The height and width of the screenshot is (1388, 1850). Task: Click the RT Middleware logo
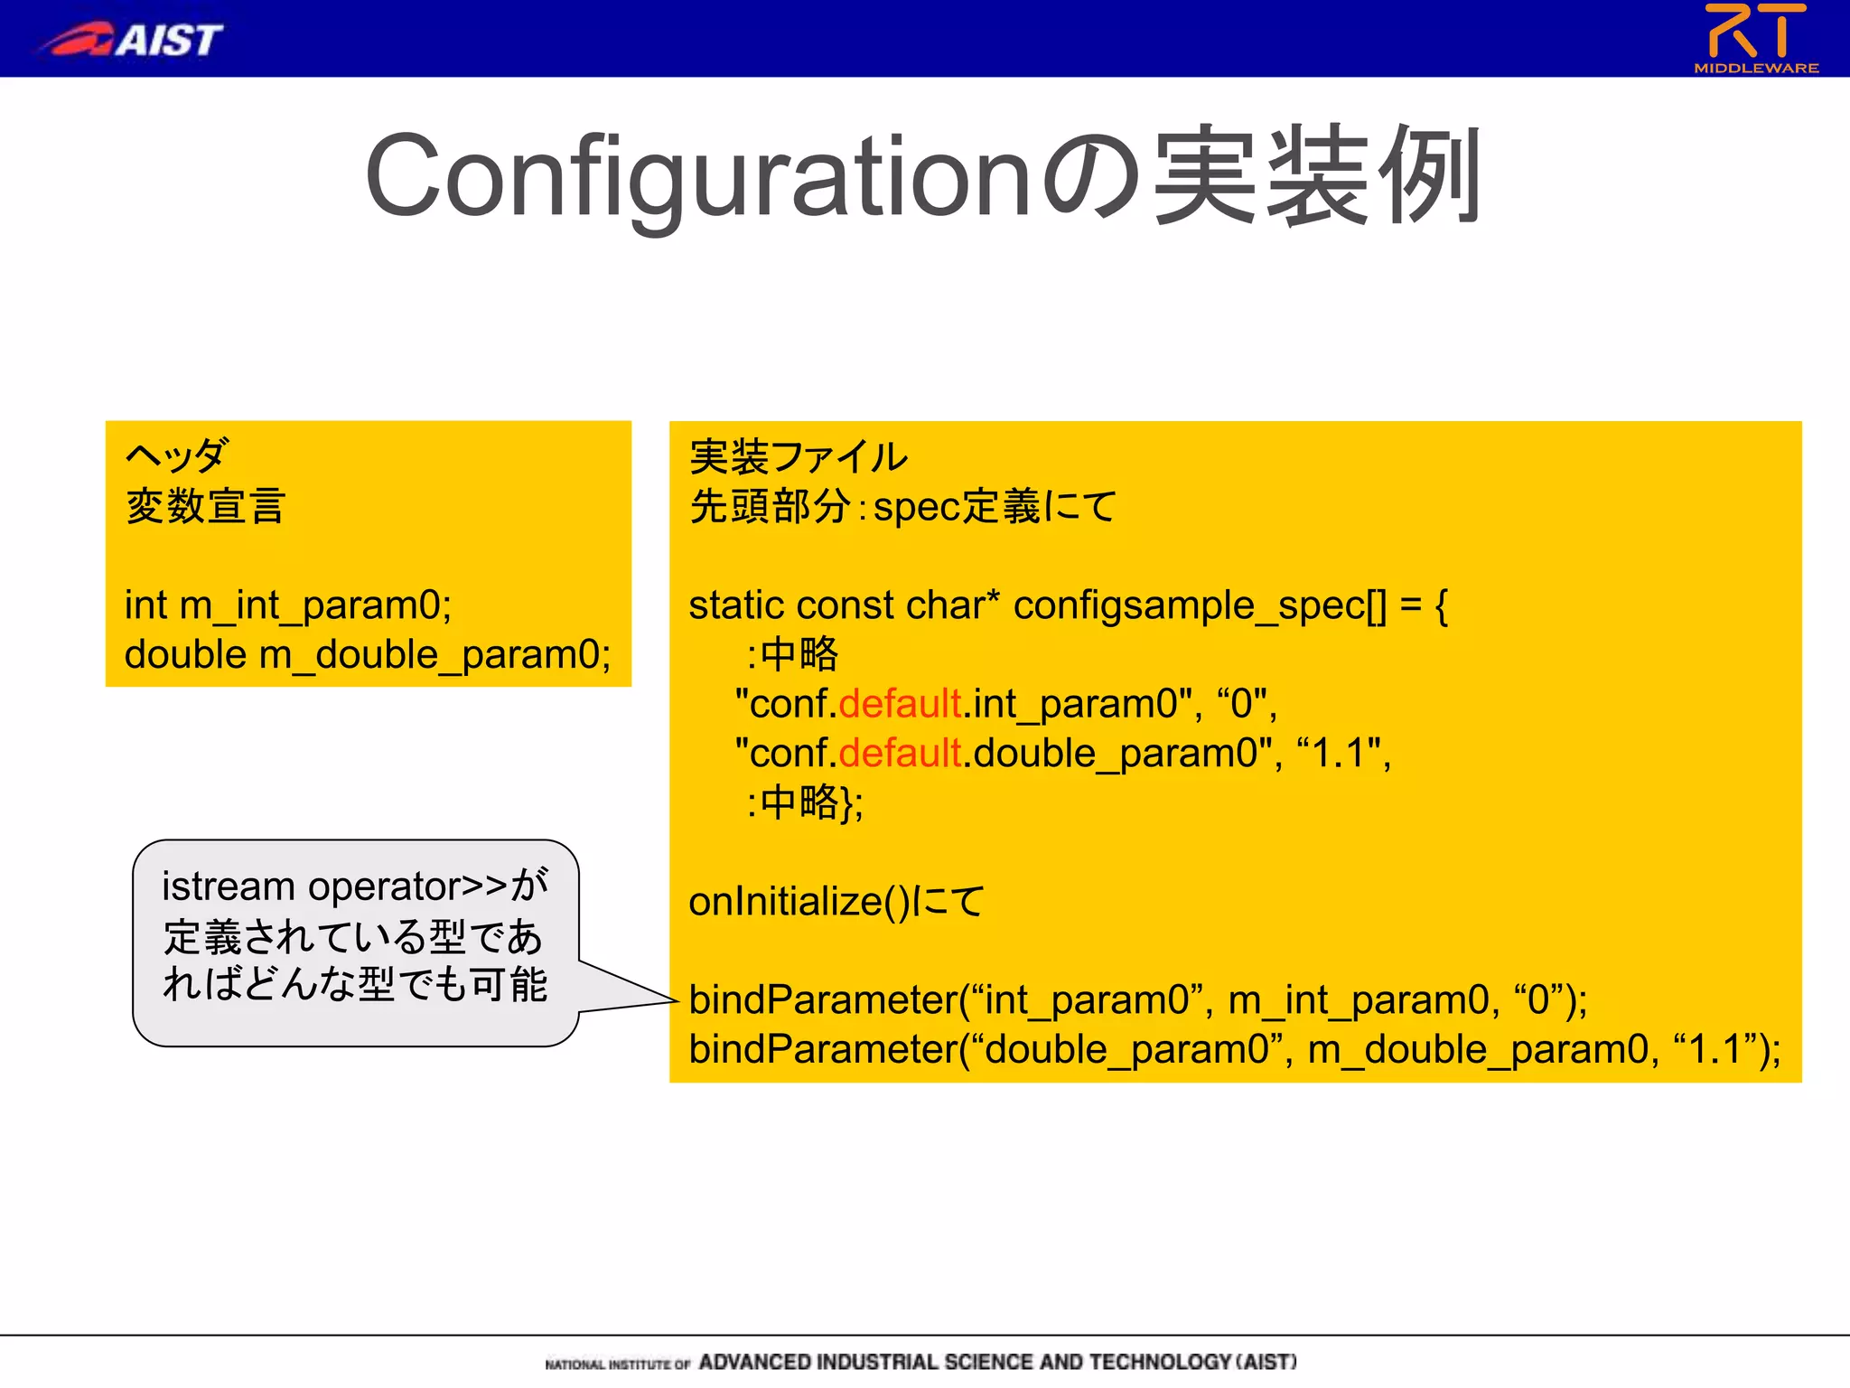click(x=1755, y=38)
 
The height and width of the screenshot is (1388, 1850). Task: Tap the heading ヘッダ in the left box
click(x=177, y=455)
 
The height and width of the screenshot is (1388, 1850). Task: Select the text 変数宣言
click(x=206, y=505)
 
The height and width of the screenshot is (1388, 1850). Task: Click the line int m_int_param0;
click(x=288, y=605)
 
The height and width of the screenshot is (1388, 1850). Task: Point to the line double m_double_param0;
click(x=368, y=654)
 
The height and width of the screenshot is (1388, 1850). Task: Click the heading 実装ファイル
click(x=799, y=456)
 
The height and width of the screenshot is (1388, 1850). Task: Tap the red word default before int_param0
click(x=900, y=704)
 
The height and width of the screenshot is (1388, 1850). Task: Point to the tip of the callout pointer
click(x=676, y=1000)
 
